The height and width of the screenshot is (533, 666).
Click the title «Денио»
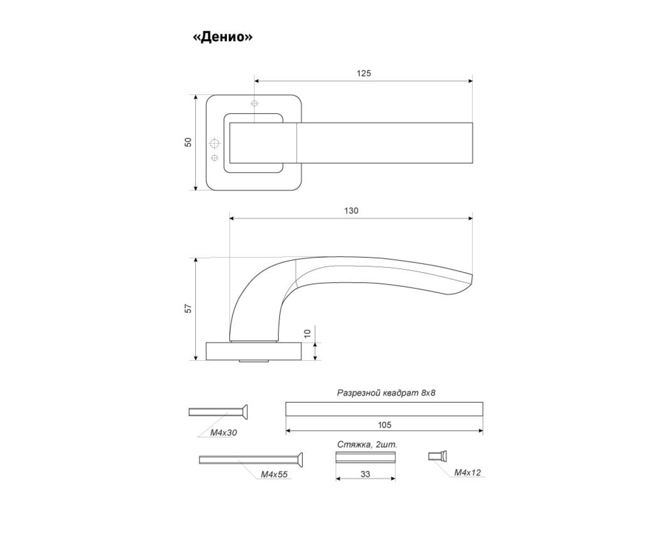pos(223,37)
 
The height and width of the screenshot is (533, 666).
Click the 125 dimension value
pos(364,73)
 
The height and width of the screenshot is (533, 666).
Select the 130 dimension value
pos(351,211)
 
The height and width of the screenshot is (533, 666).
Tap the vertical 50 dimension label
pos(188,142)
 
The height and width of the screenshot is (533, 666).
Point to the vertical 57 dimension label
pos(188,309)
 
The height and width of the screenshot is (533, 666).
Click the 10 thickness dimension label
pos(307,334)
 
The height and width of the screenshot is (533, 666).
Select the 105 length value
pos(385,425)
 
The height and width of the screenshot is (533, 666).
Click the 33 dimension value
pos(365,474)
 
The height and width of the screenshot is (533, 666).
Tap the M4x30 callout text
pos(223,433)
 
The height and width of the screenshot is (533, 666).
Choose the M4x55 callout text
pos(274,474)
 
